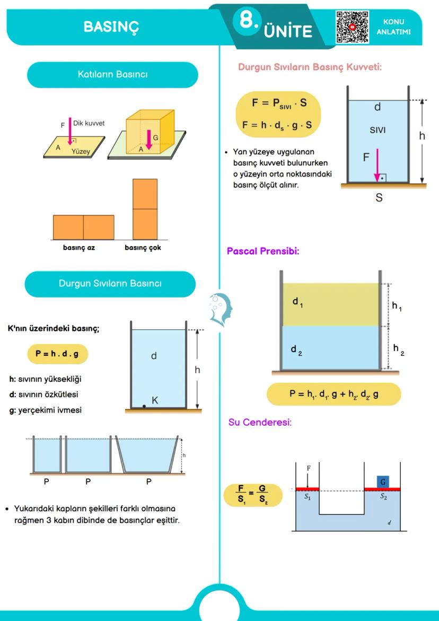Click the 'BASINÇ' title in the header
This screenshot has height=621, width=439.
[111, 27]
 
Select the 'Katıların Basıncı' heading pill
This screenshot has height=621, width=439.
[112, 75]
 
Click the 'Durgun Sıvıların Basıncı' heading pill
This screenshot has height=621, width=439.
[110, 284]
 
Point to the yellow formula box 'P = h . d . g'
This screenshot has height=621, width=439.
[57, 354]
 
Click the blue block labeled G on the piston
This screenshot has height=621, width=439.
[383, 482]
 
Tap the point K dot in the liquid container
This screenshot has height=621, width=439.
[144, 406]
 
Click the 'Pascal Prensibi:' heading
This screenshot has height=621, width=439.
[263, 251]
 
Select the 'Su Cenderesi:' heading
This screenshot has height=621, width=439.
[260, 423]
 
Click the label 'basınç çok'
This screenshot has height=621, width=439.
[143, 248]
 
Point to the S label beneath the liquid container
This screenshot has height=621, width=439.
[379, 198]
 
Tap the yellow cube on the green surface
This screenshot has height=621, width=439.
[150, 131]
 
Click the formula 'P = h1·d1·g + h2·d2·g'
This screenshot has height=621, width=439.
[333, 394]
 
